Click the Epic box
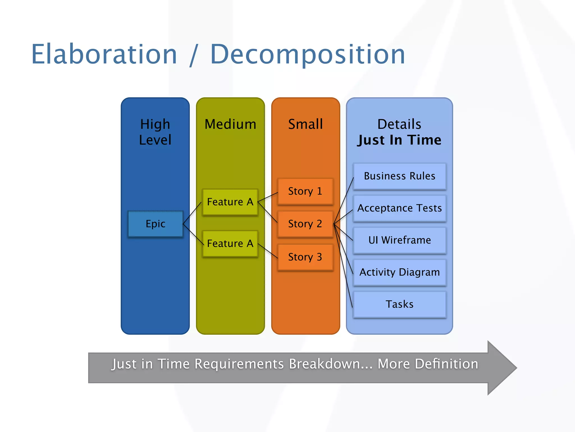click(155, 224)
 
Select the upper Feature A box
click(230, 202)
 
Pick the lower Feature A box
click(230, 244)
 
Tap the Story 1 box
click(305, 191)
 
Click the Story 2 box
click(305, 224)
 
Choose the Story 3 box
click(305, 257)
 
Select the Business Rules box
click(399, 176)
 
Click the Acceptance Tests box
click(399, 208)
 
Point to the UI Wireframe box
click(399, 240)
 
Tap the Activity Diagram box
click(399, 272)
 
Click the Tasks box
click(399, 304)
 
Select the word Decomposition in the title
click(307, 55)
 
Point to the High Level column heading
click(155, 132)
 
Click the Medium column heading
click(230, 124)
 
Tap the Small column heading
click(305, 124)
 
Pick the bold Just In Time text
click(399, 140)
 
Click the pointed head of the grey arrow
click(503, 368)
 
